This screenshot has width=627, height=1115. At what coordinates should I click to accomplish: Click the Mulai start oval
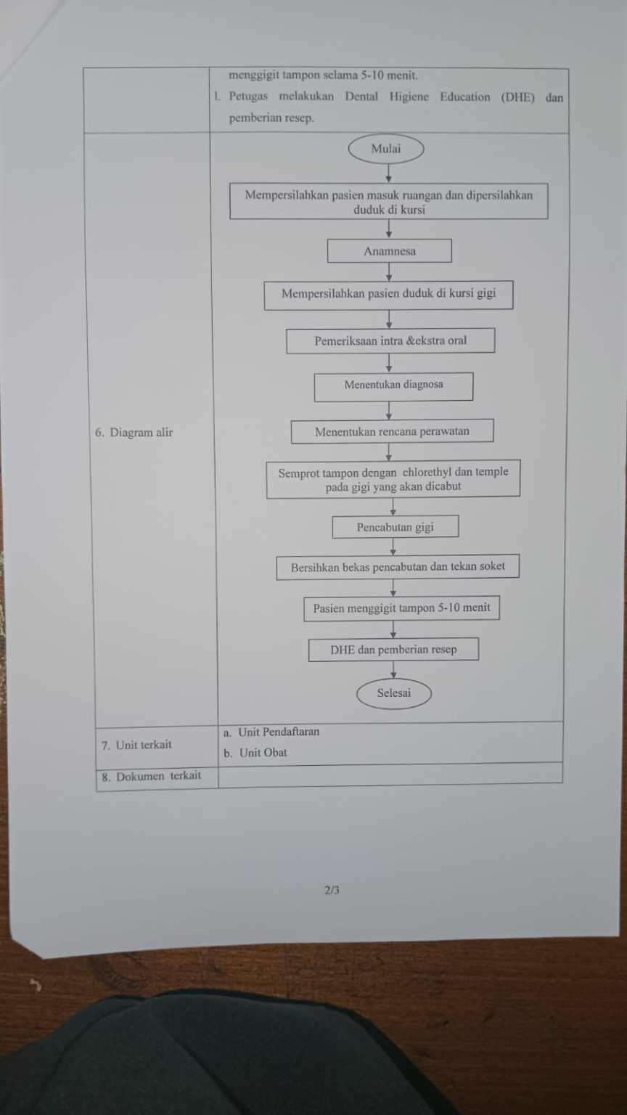click(386, 149)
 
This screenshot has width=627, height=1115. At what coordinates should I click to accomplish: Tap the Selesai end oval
click(393, 693)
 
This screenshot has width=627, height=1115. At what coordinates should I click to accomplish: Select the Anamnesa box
click(390, 251)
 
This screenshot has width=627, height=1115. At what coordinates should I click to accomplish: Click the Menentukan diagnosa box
click(393, 387)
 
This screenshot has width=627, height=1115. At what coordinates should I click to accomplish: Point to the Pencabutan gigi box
click(396, 526)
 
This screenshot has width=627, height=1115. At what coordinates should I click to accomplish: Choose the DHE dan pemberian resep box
click(393, 650)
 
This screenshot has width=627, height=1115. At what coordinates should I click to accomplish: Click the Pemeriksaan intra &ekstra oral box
click(390, 341)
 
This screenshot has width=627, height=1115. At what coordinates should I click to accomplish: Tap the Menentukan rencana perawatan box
click(392, 431)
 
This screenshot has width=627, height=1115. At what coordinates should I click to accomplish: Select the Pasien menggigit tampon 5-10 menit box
click(401, 608)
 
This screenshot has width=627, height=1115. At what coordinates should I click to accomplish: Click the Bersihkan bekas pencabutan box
click(398, 566)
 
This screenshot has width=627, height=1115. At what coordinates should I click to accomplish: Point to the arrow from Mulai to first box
click(389, 173)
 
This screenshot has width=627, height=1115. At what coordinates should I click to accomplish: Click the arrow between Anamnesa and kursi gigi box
click(389, 271)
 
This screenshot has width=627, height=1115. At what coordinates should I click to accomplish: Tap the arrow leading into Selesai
click(393, 670)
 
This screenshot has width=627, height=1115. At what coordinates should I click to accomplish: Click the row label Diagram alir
click(134, 432)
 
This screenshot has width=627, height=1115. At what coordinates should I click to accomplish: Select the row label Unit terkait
click(137, 745)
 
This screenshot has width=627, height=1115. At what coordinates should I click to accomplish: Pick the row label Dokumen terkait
click(152, 776)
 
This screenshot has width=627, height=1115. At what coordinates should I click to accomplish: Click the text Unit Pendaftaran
click(279, 732)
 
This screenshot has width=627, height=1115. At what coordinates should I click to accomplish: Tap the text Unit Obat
click(263, 753)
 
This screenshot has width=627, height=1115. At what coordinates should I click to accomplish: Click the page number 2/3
click(332, 890)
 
